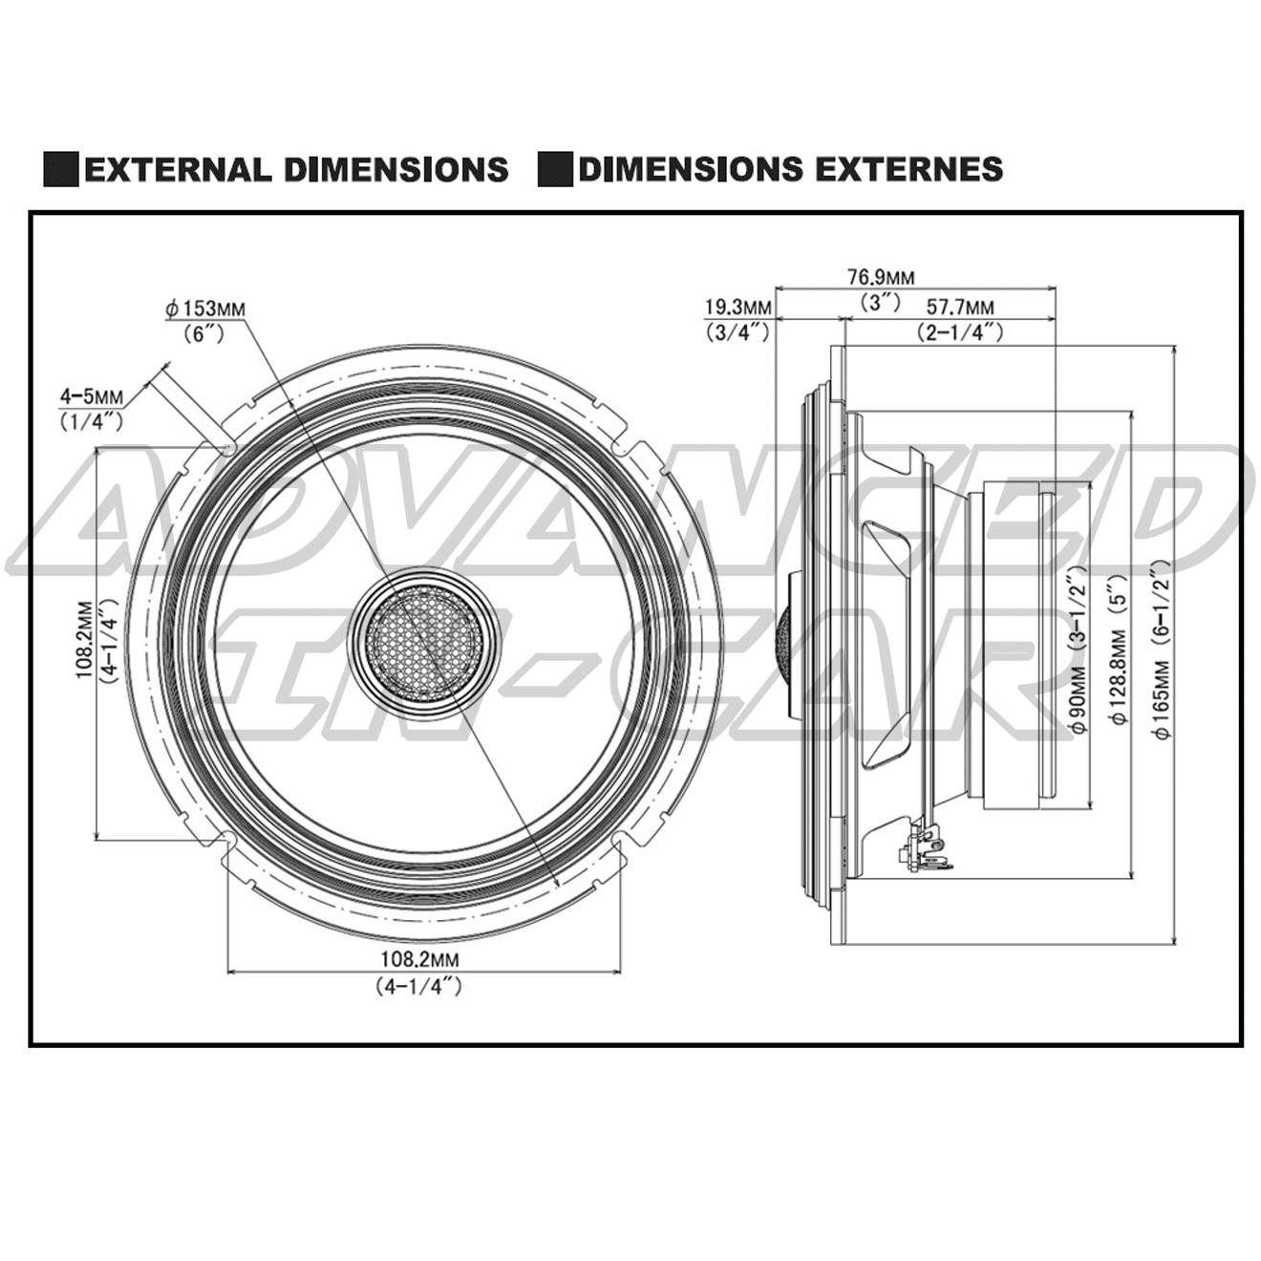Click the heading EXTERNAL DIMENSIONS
click(x=296, y=169)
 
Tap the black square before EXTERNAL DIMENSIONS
click(x=61, y=169)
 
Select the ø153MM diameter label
click(x=203, y=310)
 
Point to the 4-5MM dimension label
click(x=92, y=395)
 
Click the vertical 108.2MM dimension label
click(x=85, y=640)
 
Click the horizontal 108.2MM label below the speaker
click(x=420, y=958)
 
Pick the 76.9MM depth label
click(x=880, y=278)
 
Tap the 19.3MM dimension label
click(x=737, y=308)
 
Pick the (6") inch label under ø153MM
click(x=203, y=333)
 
